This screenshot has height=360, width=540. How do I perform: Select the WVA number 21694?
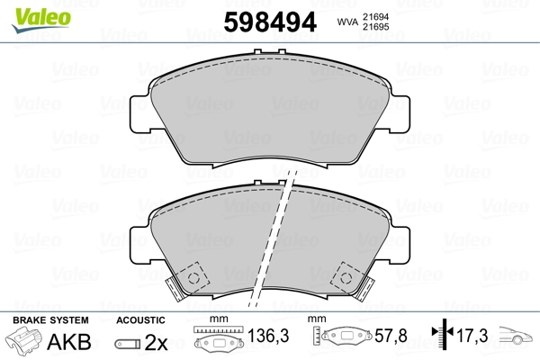point(376,16)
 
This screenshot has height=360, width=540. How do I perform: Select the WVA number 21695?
point(376,29)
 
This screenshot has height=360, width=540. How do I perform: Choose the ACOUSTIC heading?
point(140,319)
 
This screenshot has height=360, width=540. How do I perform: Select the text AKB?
point(76,343)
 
